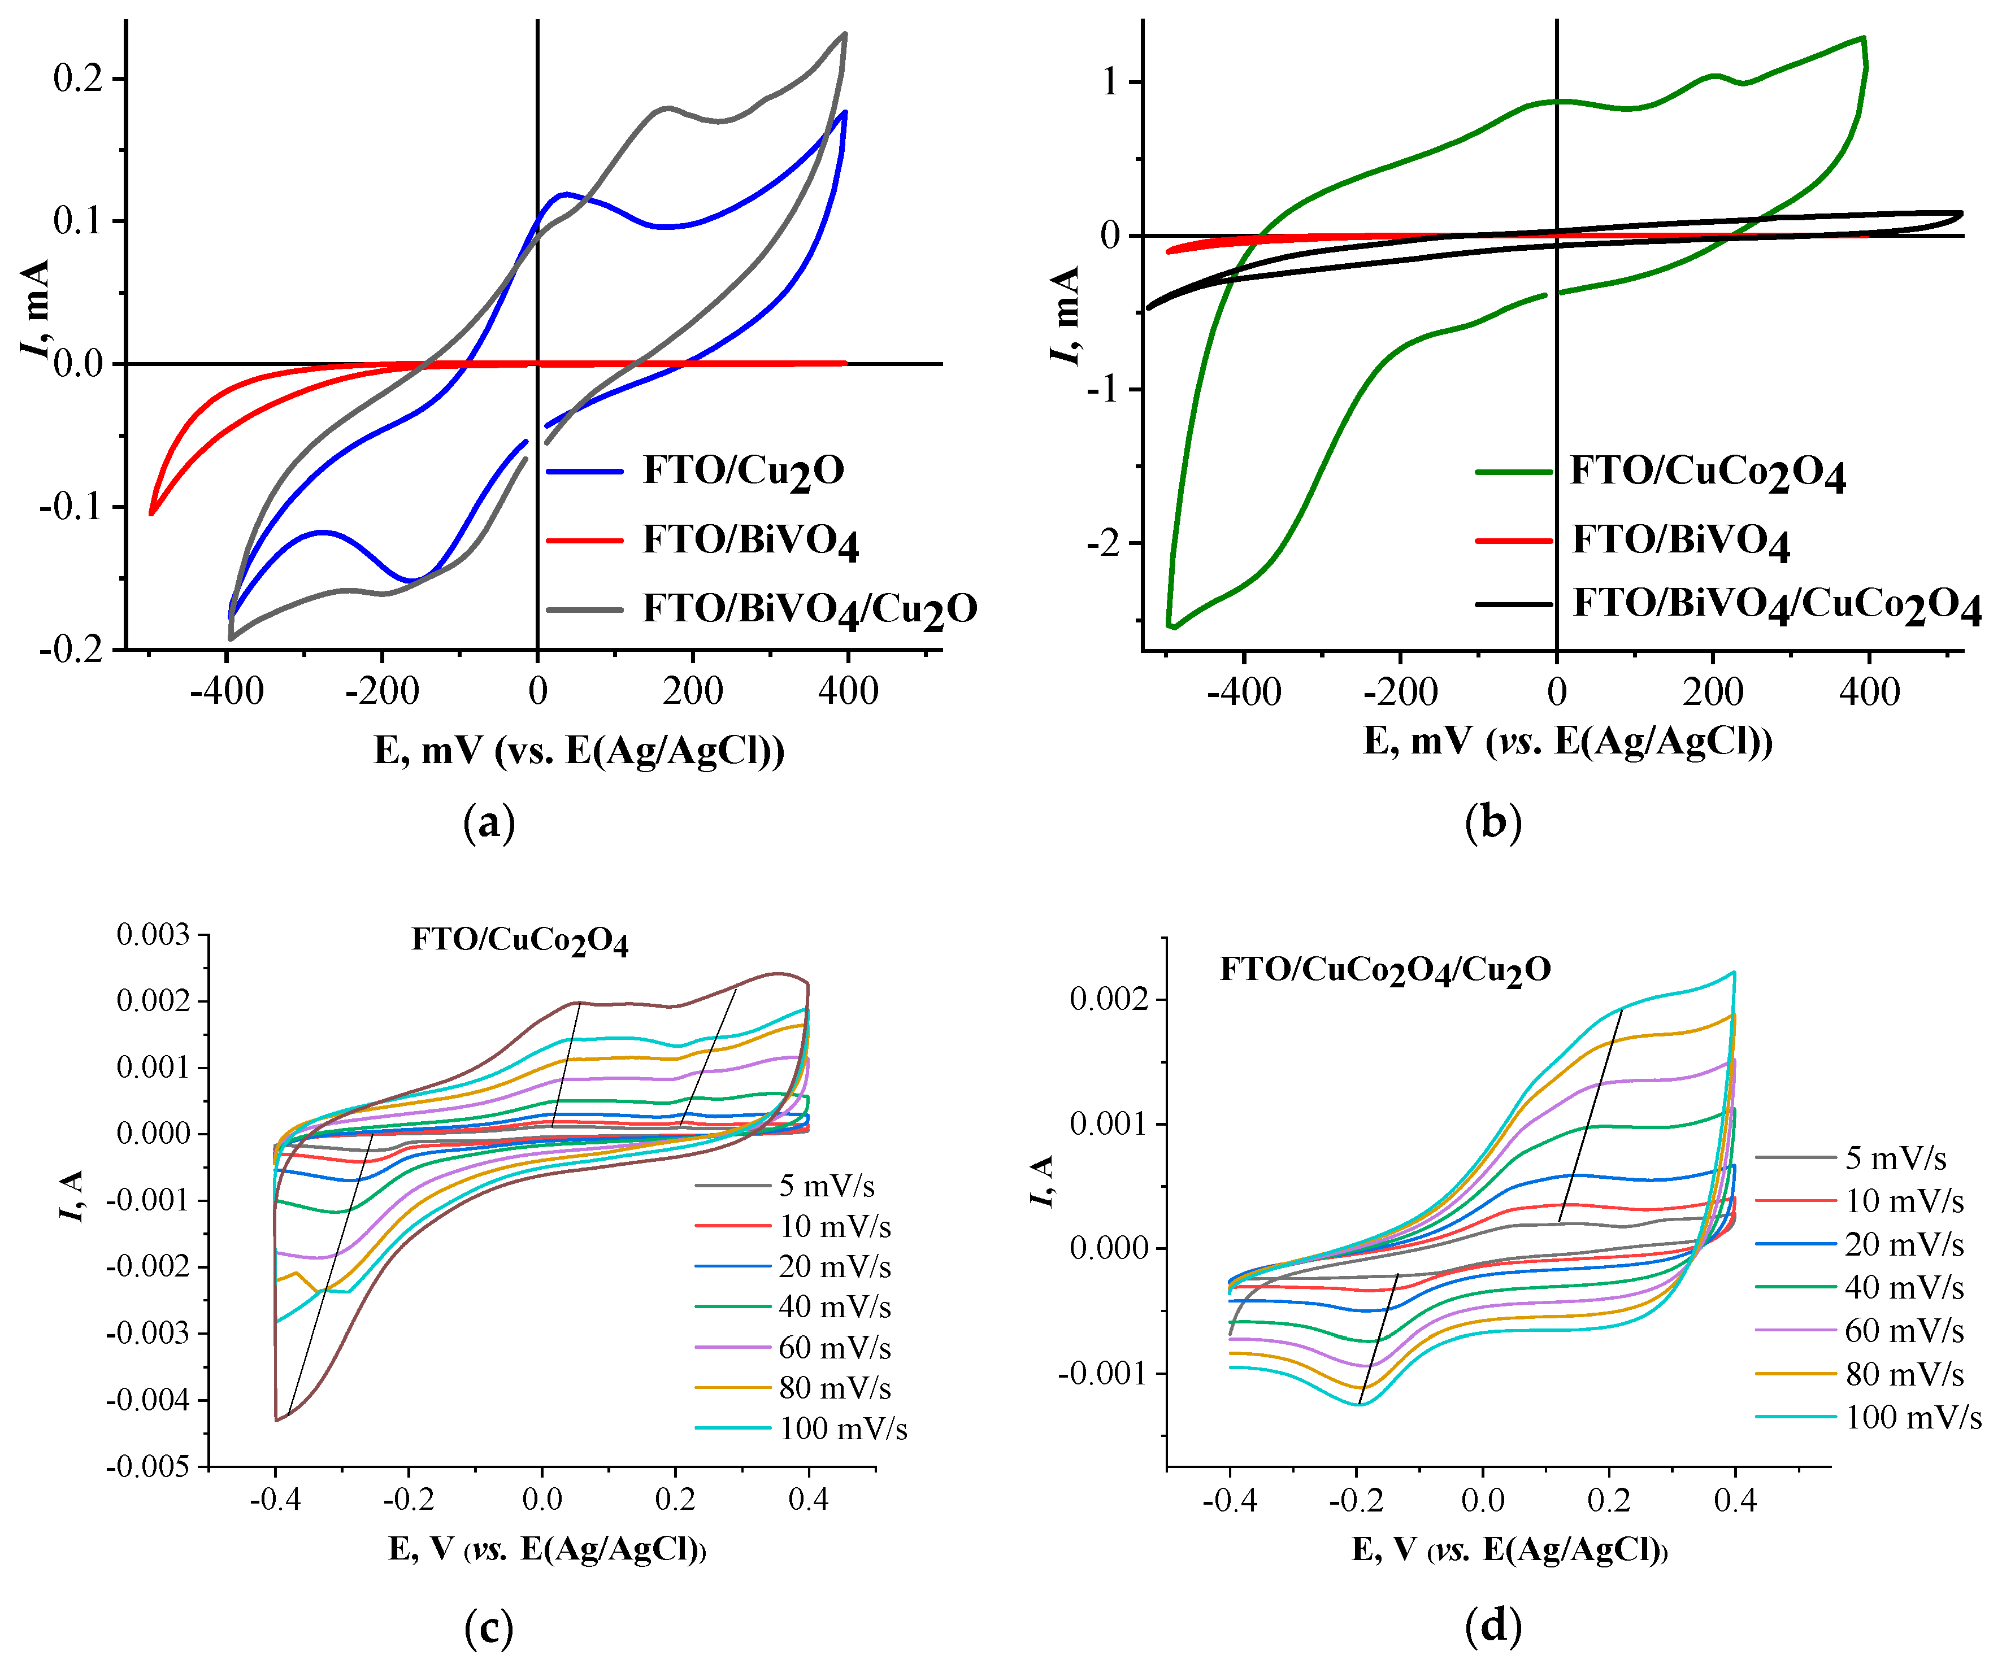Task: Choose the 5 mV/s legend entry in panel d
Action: (x=1895, y=1158)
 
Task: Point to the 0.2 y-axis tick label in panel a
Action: (x=78, y=78)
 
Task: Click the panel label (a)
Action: (x=489, y=821)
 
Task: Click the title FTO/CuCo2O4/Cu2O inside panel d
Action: (x=1385, y=970)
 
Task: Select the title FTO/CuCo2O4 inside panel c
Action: (x=519, y=940)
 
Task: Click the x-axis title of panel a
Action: (x=579, y=751)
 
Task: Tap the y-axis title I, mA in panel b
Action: (x=1065, y=315)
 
